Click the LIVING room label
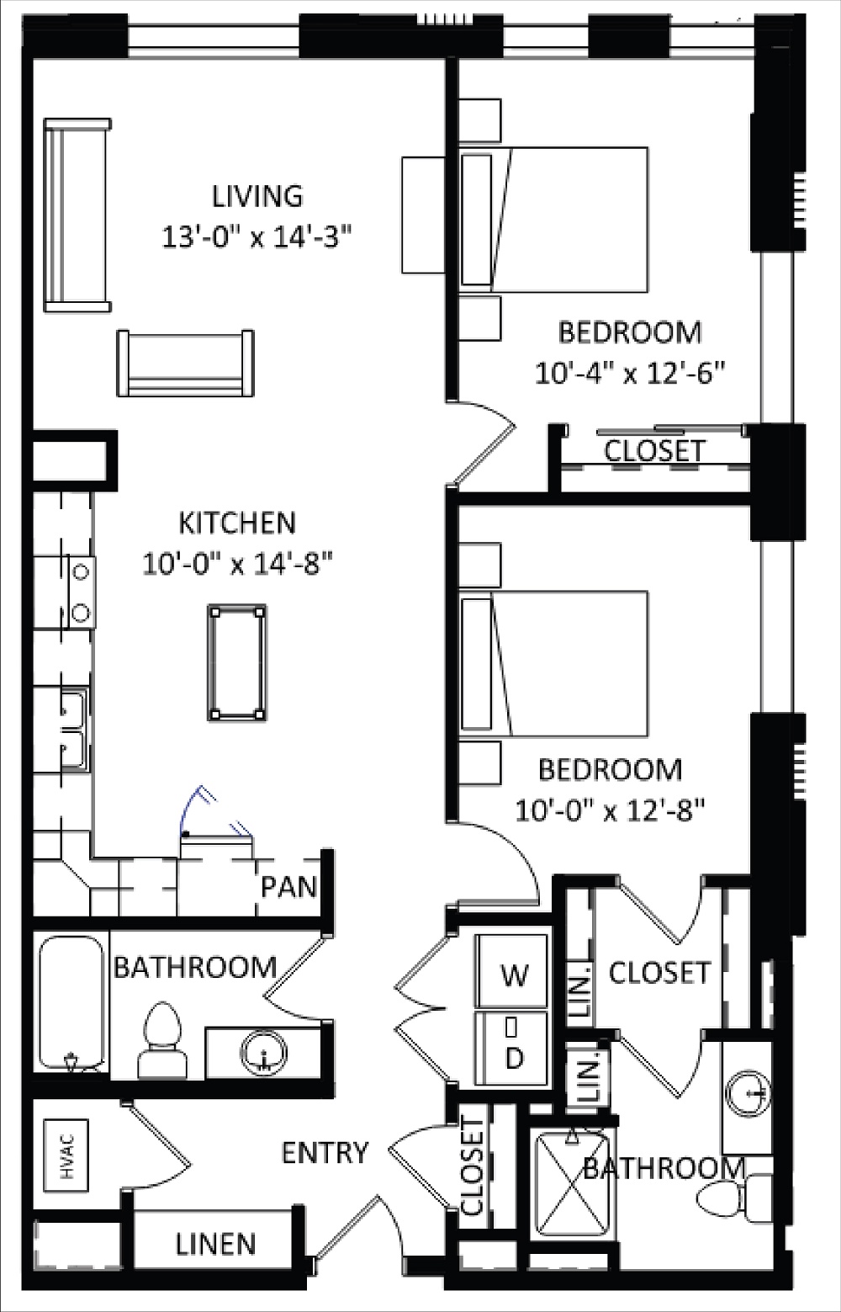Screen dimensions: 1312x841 pyautogui.click(x=257, y=196)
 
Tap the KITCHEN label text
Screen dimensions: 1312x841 pyautogui.click(x=237, y=523)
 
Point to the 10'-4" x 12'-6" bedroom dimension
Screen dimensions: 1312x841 pyautogui.click(x=630, y=372)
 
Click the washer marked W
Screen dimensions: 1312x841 pyautogui.click(x=513, y=975)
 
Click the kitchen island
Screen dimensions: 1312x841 pyautogui.click(x=237, y=662)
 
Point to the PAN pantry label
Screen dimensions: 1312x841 pyautogui.click(x=288, y=886)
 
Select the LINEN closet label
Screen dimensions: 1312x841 pyautogui.click(x=216, y=1244)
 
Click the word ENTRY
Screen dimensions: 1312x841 pyautogui.click(x=325, y=1152)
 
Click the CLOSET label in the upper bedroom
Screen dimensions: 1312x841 pyautogui.click(x=654, y=450)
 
